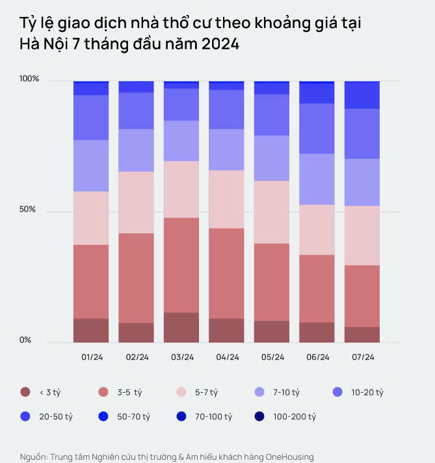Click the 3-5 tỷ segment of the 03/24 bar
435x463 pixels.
(181, 265)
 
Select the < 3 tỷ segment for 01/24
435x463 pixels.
(91, 330)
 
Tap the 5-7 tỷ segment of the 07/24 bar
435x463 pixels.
(362, 236)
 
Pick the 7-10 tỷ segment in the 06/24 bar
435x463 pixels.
(317, 179)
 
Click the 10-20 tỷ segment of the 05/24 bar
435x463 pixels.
(272, 115)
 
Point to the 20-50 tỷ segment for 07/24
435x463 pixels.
(362, 95)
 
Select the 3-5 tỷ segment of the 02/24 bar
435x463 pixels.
(137, 278)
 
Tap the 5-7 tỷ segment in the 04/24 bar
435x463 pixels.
(226, 199)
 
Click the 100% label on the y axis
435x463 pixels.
(29, 79)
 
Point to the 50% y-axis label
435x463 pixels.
(27, 210)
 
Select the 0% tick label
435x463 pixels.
(25, 340)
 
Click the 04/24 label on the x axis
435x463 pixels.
(227, 358)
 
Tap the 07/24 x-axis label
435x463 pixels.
(362, 358)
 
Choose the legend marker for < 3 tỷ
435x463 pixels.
(25, 392)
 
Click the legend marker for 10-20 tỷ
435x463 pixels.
(337, 392)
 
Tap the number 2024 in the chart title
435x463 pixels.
(220, 44)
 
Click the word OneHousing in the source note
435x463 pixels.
(289, 456)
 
